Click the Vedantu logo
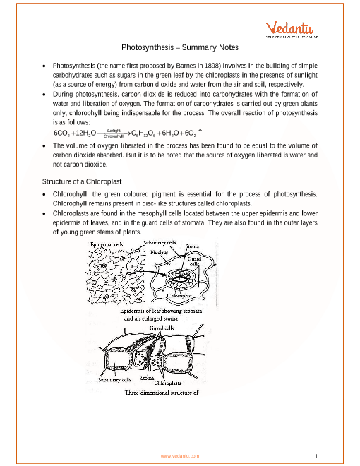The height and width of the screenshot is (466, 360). tap(292, 30)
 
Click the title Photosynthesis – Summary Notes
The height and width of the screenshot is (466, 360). tap(180, 47)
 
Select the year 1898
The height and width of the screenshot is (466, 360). tap(212, 66)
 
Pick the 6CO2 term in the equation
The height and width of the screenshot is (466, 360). tap(62, 133)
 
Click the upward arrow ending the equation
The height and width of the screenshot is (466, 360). tap(200, 132)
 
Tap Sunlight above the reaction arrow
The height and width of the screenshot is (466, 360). tap(113, 131)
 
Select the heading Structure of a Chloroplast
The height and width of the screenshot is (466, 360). tap(82, 181)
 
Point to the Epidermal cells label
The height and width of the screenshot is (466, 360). tap(107, 244)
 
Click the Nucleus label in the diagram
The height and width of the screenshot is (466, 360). tap(160, 252)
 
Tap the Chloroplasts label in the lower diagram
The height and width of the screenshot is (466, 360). tap(167, 383)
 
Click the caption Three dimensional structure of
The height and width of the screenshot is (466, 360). tap(162, 393)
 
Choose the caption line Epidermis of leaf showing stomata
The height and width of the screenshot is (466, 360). tap(161, 311)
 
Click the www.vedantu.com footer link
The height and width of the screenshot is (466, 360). tap(180, 456)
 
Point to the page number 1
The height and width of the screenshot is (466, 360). tap(316, 456)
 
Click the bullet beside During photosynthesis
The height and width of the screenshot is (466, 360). tap(44, 95)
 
